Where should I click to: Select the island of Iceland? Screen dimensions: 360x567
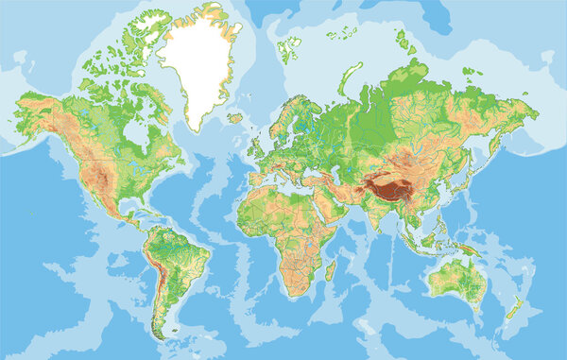click(234, 118)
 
